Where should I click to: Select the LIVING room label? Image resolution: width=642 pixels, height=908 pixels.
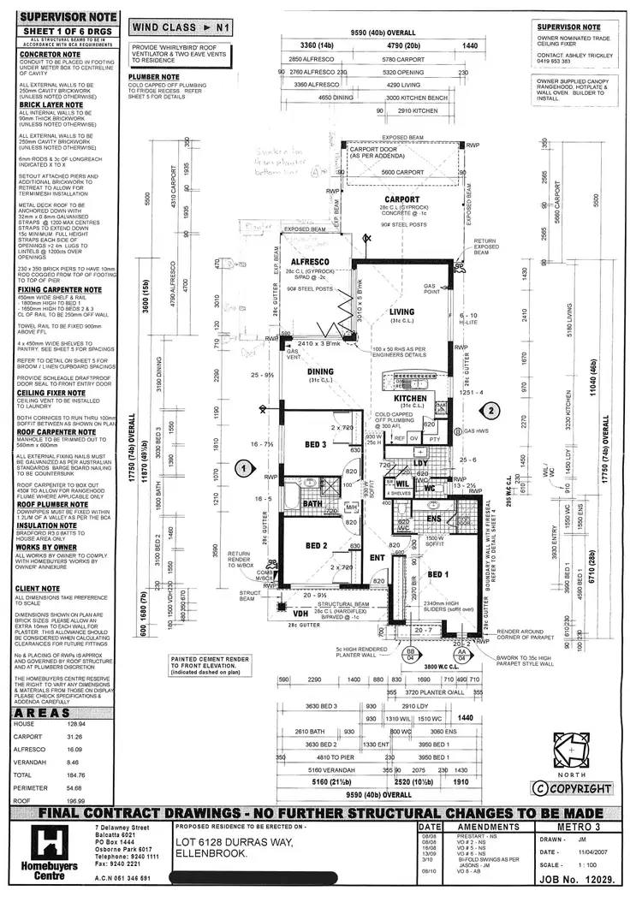(x=401, y=312)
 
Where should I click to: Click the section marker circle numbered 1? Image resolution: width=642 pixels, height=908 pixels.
(x=245, y=468)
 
